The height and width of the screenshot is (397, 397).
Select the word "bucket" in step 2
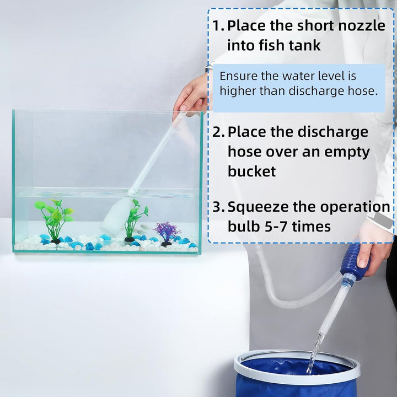[251, 171]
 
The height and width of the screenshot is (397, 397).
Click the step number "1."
[218, 26]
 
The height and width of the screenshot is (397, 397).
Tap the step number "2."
[218, 132]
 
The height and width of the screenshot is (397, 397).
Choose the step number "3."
[218, 207]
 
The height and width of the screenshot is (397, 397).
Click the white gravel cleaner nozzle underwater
[115, 218]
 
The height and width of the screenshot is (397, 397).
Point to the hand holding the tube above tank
[191, 96]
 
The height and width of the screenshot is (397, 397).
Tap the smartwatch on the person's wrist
[388, 222]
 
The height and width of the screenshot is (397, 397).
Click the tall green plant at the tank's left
[53, 218]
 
